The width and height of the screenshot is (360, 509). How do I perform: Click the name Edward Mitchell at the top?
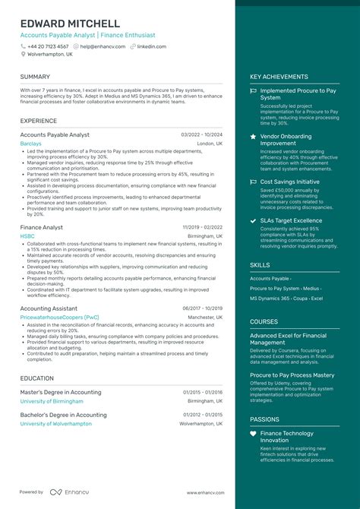(70, 24)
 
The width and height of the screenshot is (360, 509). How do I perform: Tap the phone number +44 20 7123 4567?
(48, 46)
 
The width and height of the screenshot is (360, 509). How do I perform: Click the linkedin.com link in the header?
(151, 46)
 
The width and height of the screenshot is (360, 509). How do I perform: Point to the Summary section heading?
(35, 77)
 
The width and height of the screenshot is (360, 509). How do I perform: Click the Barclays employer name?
(31, 143)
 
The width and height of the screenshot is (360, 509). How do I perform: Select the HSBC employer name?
(27, 236)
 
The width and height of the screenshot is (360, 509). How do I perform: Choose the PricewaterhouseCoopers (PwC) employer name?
(59, 317)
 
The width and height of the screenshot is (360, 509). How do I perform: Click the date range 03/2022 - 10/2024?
(202, 134)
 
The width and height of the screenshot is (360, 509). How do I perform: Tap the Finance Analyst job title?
(42, 227)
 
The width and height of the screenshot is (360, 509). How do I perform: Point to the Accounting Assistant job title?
(49, 308)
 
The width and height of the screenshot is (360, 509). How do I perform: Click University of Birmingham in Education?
(51, 401)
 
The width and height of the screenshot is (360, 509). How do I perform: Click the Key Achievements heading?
(279, 77)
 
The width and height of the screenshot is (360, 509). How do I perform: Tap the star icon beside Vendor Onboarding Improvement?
(253, 137)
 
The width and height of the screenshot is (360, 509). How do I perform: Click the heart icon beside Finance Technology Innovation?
(253, 434)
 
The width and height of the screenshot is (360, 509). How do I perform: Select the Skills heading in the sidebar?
(260, 265)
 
